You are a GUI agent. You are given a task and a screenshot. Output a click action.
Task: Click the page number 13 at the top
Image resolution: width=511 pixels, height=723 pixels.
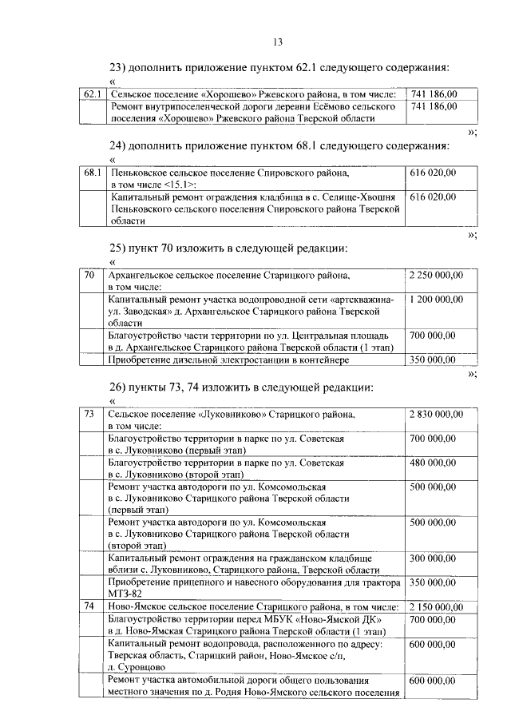pyautogui.click(x=278, y=42)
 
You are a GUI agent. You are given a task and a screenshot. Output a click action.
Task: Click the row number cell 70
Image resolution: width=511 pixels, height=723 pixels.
pyautogui.click(x=89, y=276)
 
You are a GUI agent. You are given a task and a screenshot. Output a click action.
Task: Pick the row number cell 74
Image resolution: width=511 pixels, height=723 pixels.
pyautogui.click(x=89, y=607)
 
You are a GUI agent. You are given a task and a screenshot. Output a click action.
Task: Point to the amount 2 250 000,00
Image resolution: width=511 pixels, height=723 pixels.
pyautogui.click(x=436, y=276)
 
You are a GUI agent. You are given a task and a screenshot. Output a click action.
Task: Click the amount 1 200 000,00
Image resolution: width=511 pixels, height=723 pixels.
pyautogui.click(x=436, y=299)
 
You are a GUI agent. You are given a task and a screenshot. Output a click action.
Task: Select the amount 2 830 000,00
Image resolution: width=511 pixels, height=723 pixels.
pyautogui.click(x=436, y=414)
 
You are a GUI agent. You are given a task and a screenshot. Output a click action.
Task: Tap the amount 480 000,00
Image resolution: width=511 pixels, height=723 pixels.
pyautogui.click(x=431, y=462)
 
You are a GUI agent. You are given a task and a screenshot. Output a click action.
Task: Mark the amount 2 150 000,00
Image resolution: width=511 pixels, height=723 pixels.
pyautogui.click(x=436, y=607)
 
